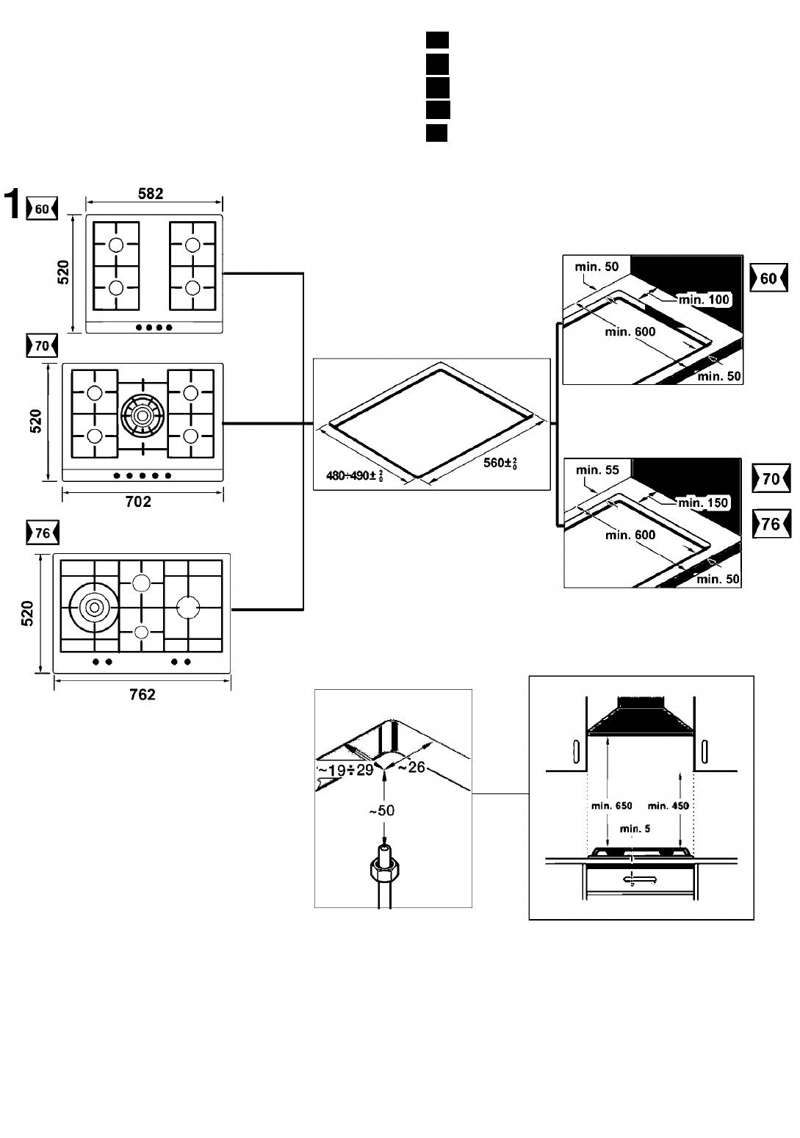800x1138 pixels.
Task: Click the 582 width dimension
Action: click(x=151, y=194)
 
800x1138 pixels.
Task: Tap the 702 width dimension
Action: click(x=138, y=502)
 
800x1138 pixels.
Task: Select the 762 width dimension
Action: click(x=142, y=694)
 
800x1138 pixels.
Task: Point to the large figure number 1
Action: click(x=12, y=205)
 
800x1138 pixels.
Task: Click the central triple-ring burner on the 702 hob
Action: click(x=143, y=416)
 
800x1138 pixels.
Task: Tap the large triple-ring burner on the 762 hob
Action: click(x=93, y=607)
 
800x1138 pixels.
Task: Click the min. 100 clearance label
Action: click(x=704, y=300)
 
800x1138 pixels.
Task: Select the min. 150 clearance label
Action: click(x=703, y=503)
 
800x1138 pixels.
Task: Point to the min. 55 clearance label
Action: click(x=597, y=470)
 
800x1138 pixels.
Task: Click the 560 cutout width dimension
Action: click(x=500, y=463)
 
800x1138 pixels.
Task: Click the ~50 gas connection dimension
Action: click(x=381, y=810)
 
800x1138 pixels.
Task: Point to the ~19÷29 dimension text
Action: click(x=345, y=771)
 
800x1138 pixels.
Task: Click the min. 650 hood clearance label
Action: click(x=611, y=806)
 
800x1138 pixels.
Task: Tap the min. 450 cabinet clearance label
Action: click(x=669, y=806)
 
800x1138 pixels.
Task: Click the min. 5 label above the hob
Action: click(x=635, y=829)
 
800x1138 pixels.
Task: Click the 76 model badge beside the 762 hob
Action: click(x=42, y=533)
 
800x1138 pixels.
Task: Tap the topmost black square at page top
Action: click(x=437, y=40)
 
